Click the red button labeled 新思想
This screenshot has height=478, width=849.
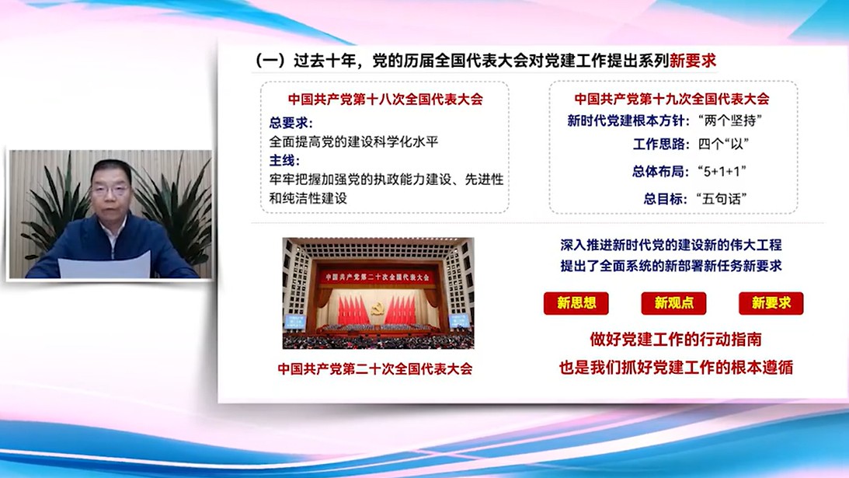576,303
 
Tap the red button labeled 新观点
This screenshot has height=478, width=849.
673,303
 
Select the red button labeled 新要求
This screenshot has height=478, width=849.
771,303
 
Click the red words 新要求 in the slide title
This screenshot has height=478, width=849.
693,61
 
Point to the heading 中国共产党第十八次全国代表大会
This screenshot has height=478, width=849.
385,99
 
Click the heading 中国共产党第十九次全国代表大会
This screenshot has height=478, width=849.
671,99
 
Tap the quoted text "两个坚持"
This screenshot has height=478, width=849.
730,120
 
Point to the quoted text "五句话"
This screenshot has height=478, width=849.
722,199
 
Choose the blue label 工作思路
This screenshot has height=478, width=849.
659,144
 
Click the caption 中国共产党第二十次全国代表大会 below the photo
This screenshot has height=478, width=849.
374,369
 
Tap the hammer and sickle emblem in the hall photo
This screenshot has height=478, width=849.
378,309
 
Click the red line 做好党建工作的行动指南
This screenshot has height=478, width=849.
676,340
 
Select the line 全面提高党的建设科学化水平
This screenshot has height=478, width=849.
353,142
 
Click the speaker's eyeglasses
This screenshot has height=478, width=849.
111,190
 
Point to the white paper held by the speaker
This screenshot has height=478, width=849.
105,266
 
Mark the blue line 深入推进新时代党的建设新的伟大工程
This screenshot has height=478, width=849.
671,245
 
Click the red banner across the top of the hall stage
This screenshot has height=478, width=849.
378,277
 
